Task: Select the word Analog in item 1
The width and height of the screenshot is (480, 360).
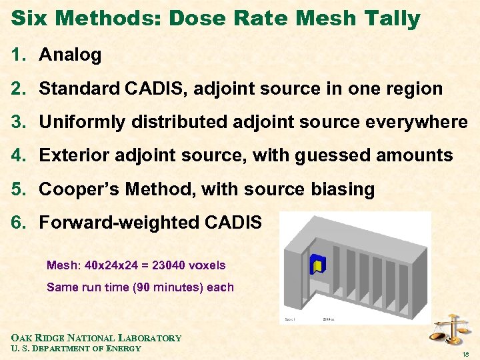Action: [70, 55]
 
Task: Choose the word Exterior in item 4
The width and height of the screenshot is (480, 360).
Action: [75, 156]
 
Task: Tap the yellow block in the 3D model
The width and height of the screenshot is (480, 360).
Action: [318, 265]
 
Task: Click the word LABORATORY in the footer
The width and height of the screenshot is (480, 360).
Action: [151, 338]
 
